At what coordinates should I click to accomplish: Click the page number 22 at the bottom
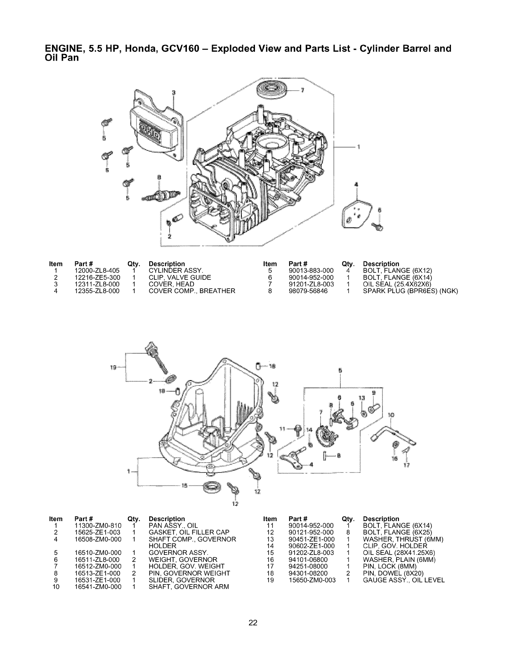252,623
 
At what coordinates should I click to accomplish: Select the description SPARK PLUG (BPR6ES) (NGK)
411,291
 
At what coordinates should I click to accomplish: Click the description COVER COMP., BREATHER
192,291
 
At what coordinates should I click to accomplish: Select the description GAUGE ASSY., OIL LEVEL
404,580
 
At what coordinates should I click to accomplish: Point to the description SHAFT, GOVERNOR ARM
189,587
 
